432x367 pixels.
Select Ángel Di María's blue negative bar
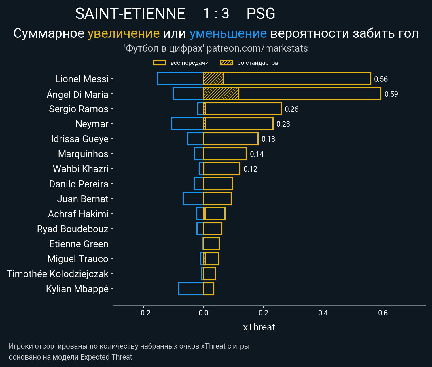tap(188, 94)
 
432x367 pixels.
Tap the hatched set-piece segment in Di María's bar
tap(221, 94)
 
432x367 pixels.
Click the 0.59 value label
tap(391, 94)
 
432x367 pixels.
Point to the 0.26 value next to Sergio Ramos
tap(291, 109)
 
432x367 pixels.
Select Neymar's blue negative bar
tap(187, 123)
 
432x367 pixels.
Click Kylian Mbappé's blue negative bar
tap(191, 289)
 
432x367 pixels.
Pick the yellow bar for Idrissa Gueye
tap(231, 139)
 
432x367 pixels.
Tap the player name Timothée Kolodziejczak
tap(58, 274)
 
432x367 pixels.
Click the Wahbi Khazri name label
tap(81, 169)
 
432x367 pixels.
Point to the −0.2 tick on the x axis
tap(144, 313)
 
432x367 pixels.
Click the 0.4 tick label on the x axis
tap(323, 313)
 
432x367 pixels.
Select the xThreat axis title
tap(259, 327)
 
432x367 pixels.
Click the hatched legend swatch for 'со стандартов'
tap(227, 63)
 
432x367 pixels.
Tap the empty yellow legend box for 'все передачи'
tap(160, 63)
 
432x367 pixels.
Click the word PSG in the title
tap(261, 14)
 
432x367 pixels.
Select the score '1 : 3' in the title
tap(216, 14)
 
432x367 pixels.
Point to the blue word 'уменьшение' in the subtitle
tap(228, 33)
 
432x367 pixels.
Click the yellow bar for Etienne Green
tap(211, 244)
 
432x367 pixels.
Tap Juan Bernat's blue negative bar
tap(193, 199)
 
